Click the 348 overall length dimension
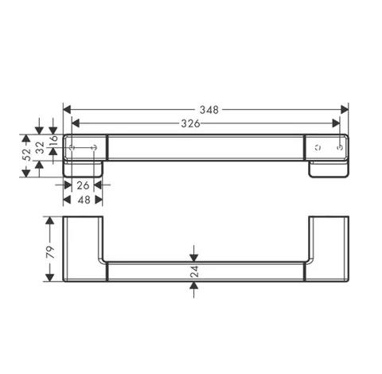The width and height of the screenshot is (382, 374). [209, 110]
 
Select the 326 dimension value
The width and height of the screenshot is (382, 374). [190, 123]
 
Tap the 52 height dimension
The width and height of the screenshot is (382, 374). [26, 154]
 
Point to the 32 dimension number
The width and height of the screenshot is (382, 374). [40, 147]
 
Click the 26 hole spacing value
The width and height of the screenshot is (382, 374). [83, 185]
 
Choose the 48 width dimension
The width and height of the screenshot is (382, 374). [84, 200]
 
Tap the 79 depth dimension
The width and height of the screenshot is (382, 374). [50, 252]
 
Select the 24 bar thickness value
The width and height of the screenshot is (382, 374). [194, 271]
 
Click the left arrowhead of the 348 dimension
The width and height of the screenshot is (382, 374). [67, 109]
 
